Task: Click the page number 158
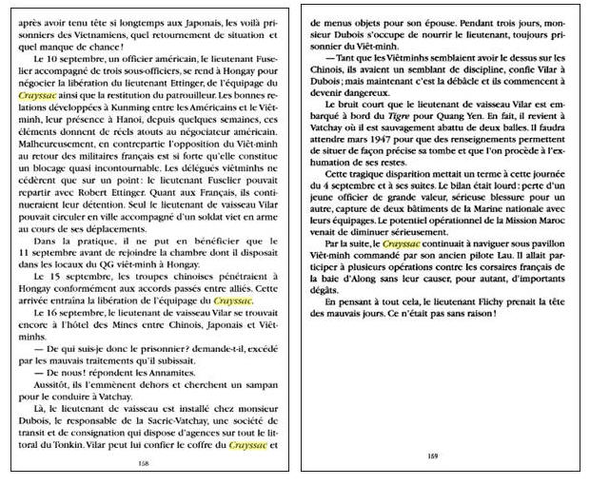click(x=144, y=463)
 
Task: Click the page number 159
click(x=432, y=456)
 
